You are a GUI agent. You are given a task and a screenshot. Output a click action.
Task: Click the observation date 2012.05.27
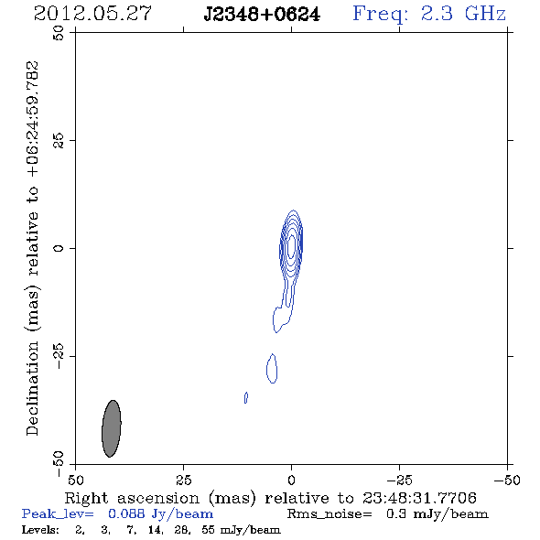coord(92,14)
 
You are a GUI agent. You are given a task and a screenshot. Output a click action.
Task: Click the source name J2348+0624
coord(262,14)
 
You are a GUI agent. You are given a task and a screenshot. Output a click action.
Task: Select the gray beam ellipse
coord(112,428)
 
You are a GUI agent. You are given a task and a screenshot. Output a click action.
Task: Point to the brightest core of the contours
coord(291,246)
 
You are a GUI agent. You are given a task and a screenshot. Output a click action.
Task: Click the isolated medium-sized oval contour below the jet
coord(272,369)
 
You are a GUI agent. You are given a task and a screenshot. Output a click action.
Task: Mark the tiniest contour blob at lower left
coord(246,397)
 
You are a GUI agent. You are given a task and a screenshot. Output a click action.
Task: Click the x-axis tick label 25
coord(183,480)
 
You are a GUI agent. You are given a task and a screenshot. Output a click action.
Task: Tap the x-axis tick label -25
coord(399,480)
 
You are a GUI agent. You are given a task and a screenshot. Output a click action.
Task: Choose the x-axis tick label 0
coord(291,480)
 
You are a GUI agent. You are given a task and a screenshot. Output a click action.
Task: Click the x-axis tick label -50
coord(507,480)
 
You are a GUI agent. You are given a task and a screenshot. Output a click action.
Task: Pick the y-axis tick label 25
coord(59,141)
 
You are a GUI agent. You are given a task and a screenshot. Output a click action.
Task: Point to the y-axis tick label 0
coord(59,248)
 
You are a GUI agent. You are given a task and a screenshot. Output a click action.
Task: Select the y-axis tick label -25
coord(59,356)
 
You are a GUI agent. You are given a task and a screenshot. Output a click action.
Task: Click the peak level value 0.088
coord(126,513)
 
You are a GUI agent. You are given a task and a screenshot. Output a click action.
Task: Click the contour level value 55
coord(208,530)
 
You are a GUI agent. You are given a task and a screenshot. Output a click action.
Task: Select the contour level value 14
coord(155,530)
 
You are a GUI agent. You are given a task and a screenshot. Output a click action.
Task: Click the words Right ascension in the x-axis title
coord(132,498)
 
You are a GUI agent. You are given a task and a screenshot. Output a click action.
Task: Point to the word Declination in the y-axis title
coord(32,389)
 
